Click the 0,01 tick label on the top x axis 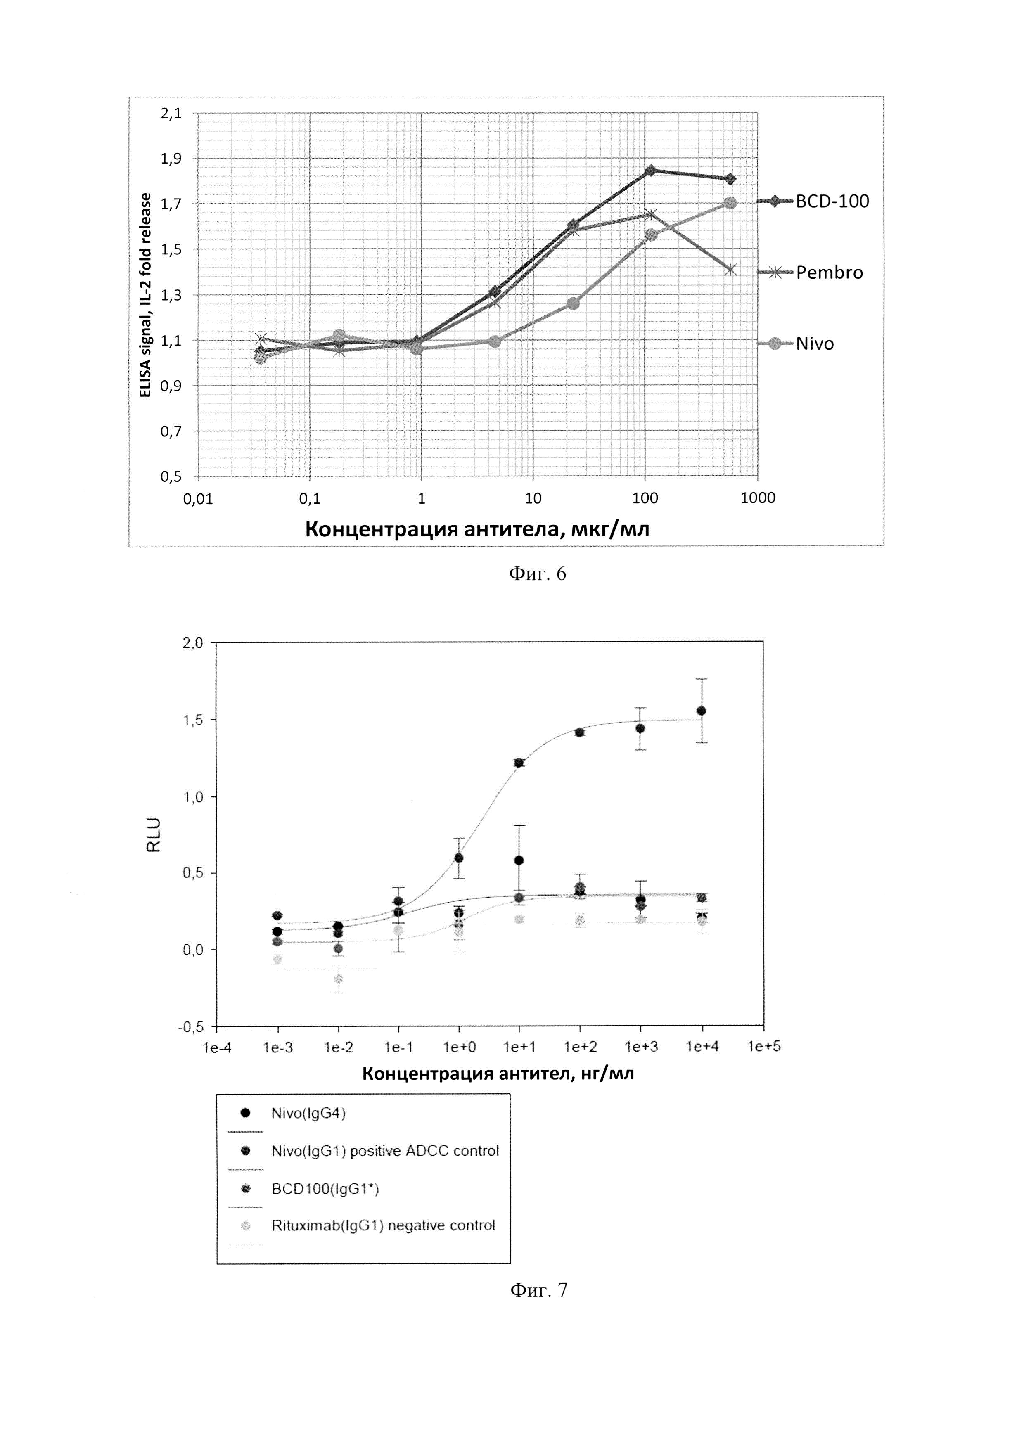pyautogui.click(x=198, y=499)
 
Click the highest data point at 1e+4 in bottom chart pyautogui.click(x=701, y=711)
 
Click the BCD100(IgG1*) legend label pyautogui.click(x=325, y=1189)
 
